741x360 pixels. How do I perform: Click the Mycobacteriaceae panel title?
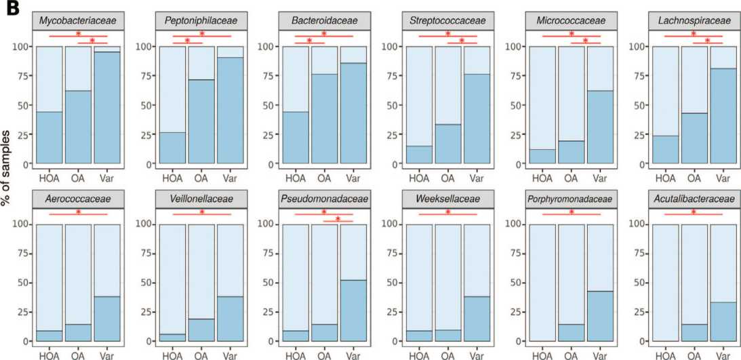pos(77,21)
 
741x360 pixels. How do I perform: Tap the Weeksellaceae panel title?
pos(447,199)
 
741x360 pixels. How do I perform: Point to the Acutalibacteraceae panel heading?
pos(694,199)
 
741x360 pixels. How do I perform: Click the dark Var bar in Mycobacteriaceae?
pos(106,107)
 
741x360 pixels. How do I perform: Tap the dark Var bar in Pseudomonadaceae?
pos(353,310)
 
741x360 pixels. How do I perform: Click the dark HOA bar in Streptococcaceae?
pos(419,155)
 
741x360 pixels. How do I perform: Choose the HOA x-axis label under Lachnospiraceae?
pos(665,178)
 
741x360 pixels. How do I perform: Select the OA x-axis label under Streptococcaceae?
pos(447,178)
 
